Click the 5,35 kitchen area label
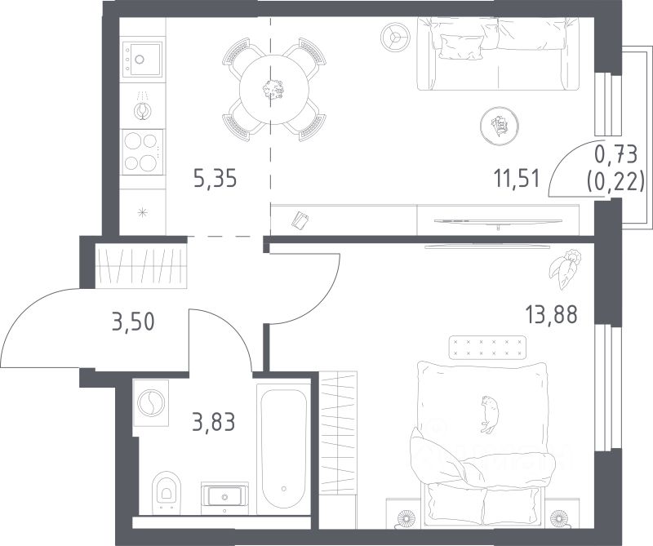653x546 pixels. coord(215,178)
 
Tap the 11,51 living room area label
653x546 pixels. coord(517,179)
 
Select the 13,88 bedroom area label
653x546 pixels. coord(552,314)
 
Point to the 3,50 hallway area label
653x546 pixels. coord(133,322)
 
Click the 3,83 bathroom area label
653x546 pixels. coord(214,421)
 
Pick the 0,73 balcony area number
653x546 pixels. coord(616,154)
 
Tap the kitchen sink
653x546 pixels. coord(142,59)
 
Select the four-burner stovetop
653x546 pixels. coord(142,152)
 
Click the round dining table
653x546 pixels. coord(274,90)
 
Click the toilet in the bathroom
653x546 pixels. coord(167,492)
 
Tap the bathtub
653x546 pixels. coord(284,449)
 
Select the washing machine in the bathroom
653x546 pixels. coord(151,402)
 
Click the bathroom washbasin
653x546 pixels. coord(224,498)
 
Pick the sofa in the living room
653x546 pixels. coord(499,54)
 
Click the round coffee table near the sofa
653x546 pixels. coord(499,125)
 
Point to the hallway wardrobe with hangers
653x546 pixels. coord(141,266)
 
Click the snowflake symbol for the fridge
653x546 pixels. coord(142,212)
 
